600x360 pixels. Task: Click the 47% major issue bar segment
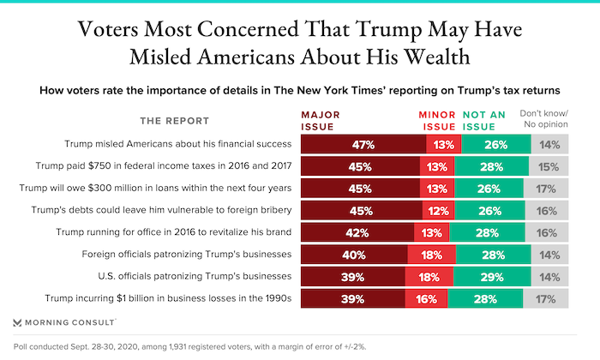(357, 143)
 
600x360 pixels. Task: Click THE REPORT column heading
(181, 119)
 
